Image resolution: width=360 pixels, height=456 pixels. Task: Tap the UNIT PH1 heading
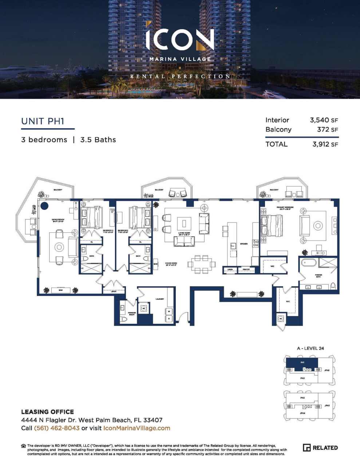(43, 121)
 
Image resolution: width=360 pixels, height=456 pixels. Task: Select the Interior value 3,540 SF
(324, 120)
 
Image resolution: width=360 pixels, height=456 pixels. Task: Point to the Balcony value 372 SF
(327, 130)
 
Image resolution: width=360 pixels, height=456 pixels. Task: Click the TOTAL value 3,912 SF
(325, 144)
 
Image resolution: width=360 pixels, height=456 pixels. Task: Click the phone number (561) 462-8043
(56, 428)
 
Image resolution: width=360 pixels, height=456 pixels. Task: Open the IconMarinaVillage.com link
(137, 428)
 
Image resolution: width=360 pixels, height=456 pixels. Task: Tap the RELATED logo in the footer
(320, 448)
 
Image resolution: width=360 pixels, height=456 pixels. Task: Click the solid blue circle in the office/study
(44, 206)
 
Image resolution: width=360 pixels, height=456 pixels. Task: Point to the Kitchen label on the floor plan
(244, 244)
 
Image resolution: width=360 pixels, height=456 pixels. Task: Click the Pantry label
(246, 270)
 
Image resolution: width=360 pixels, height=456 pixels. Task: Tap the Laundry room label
(159, 299)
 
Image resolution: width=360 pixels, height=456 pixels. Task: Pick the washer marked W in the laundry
(169, 311)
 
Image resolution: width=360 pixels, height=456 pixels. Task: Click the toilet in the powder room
(123, 319)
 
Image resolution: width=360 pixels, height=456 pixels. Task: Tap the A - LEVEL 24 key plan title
(310, 348)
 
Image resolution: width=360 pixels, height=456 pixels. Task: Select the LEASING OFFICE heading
(47, 412)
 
